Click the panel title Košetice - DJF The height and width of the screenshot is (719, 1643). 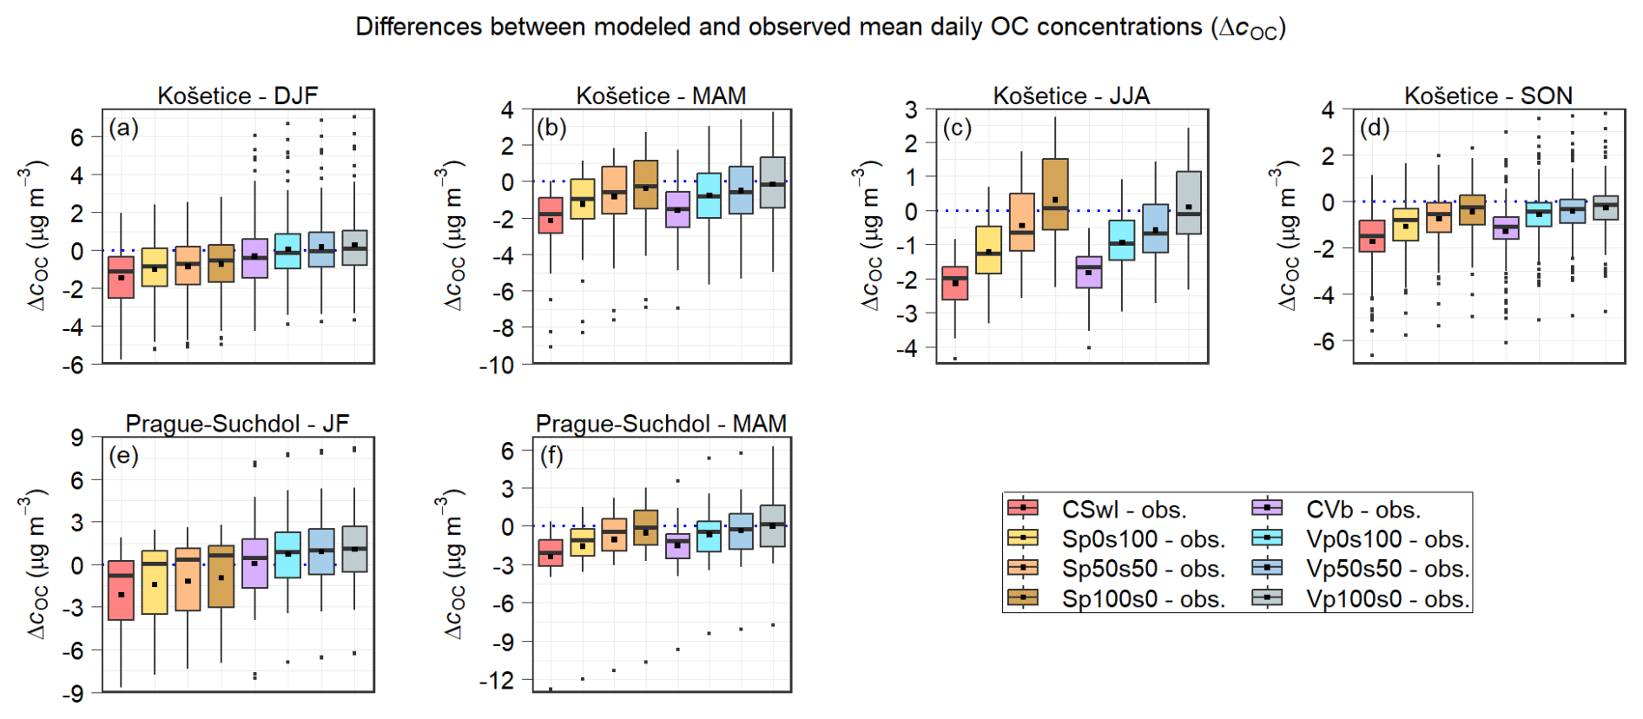pos(237,96)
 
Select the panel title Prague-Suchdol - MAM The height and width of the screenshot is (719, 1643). pos(661,424)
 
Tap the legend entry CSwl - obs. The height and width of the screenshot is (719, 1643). pos(1124,509)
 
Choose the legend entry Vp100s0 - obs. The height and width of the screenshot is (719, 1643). pos(1387,598)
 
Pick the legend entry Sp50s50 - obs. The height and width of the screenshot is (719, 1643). pos(1143,569)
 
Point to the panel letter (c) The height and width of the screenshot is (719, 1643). pos(957,129)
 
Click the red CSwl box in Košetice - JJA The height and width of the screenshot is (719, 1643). pos(955,283)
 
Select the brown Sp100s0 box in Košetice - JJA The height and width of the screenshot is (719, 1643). pos(1055,194)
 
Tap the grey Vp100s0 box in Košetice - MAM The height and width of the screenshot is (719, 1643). pos(773,182)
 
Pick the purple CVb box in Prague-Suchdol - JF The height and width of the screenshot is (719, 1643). pos(254,564)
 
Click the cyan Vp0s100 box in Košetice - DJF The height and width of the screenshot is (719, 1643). pos(287,250)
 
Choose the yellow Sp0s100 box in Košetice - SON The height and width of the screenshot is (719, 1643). pos(1405,225)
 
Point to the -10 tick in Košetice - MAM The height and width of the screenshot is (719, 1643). pos(497,366)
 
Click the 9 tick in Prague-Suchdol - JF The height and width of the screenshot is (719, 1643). pos(77,439)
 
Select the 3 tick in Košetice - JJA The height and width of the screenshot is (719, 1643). pos(911,110)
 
